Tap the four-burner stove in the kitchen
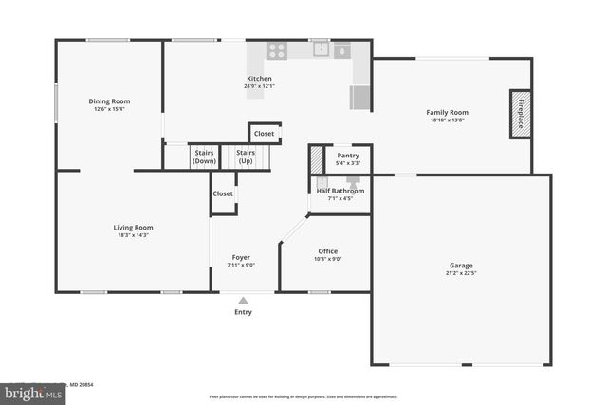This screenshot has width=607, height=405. [276, 51]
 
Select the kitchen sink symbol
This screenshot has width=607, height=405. [320, 49]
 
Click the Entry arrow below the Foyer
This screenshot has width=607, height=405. [243, 302]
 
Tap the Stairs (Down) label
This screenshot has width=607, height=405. [204, 156]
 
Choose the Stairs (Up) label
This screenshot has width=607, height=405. [246, 156]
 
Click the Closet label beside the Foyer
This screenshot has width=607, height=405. [223, 193]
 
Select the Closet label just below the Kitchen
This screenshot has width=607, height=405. [264, 134]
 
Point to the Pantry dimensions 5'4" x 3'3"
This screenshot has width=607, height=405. [348, 163]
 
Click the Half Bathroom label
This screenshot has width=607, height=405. [340, 191]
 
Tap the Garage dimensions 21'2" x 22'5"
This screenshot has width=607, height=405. [461, 273]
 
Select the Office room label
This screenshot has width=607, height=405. [327, 251]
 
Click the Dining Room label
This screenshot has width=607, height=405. [109, 101]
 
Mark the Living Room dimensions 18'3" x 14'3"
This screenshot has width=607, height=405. [134, 235]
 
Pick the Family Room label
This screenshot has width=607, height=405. [447, 113]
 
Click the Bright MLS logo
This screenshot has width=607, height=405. [28, 392]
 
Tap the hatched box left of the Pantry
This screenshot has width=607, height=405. [316, 159]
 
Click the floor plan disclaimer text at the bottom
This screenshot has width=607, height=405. [303, 396]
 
